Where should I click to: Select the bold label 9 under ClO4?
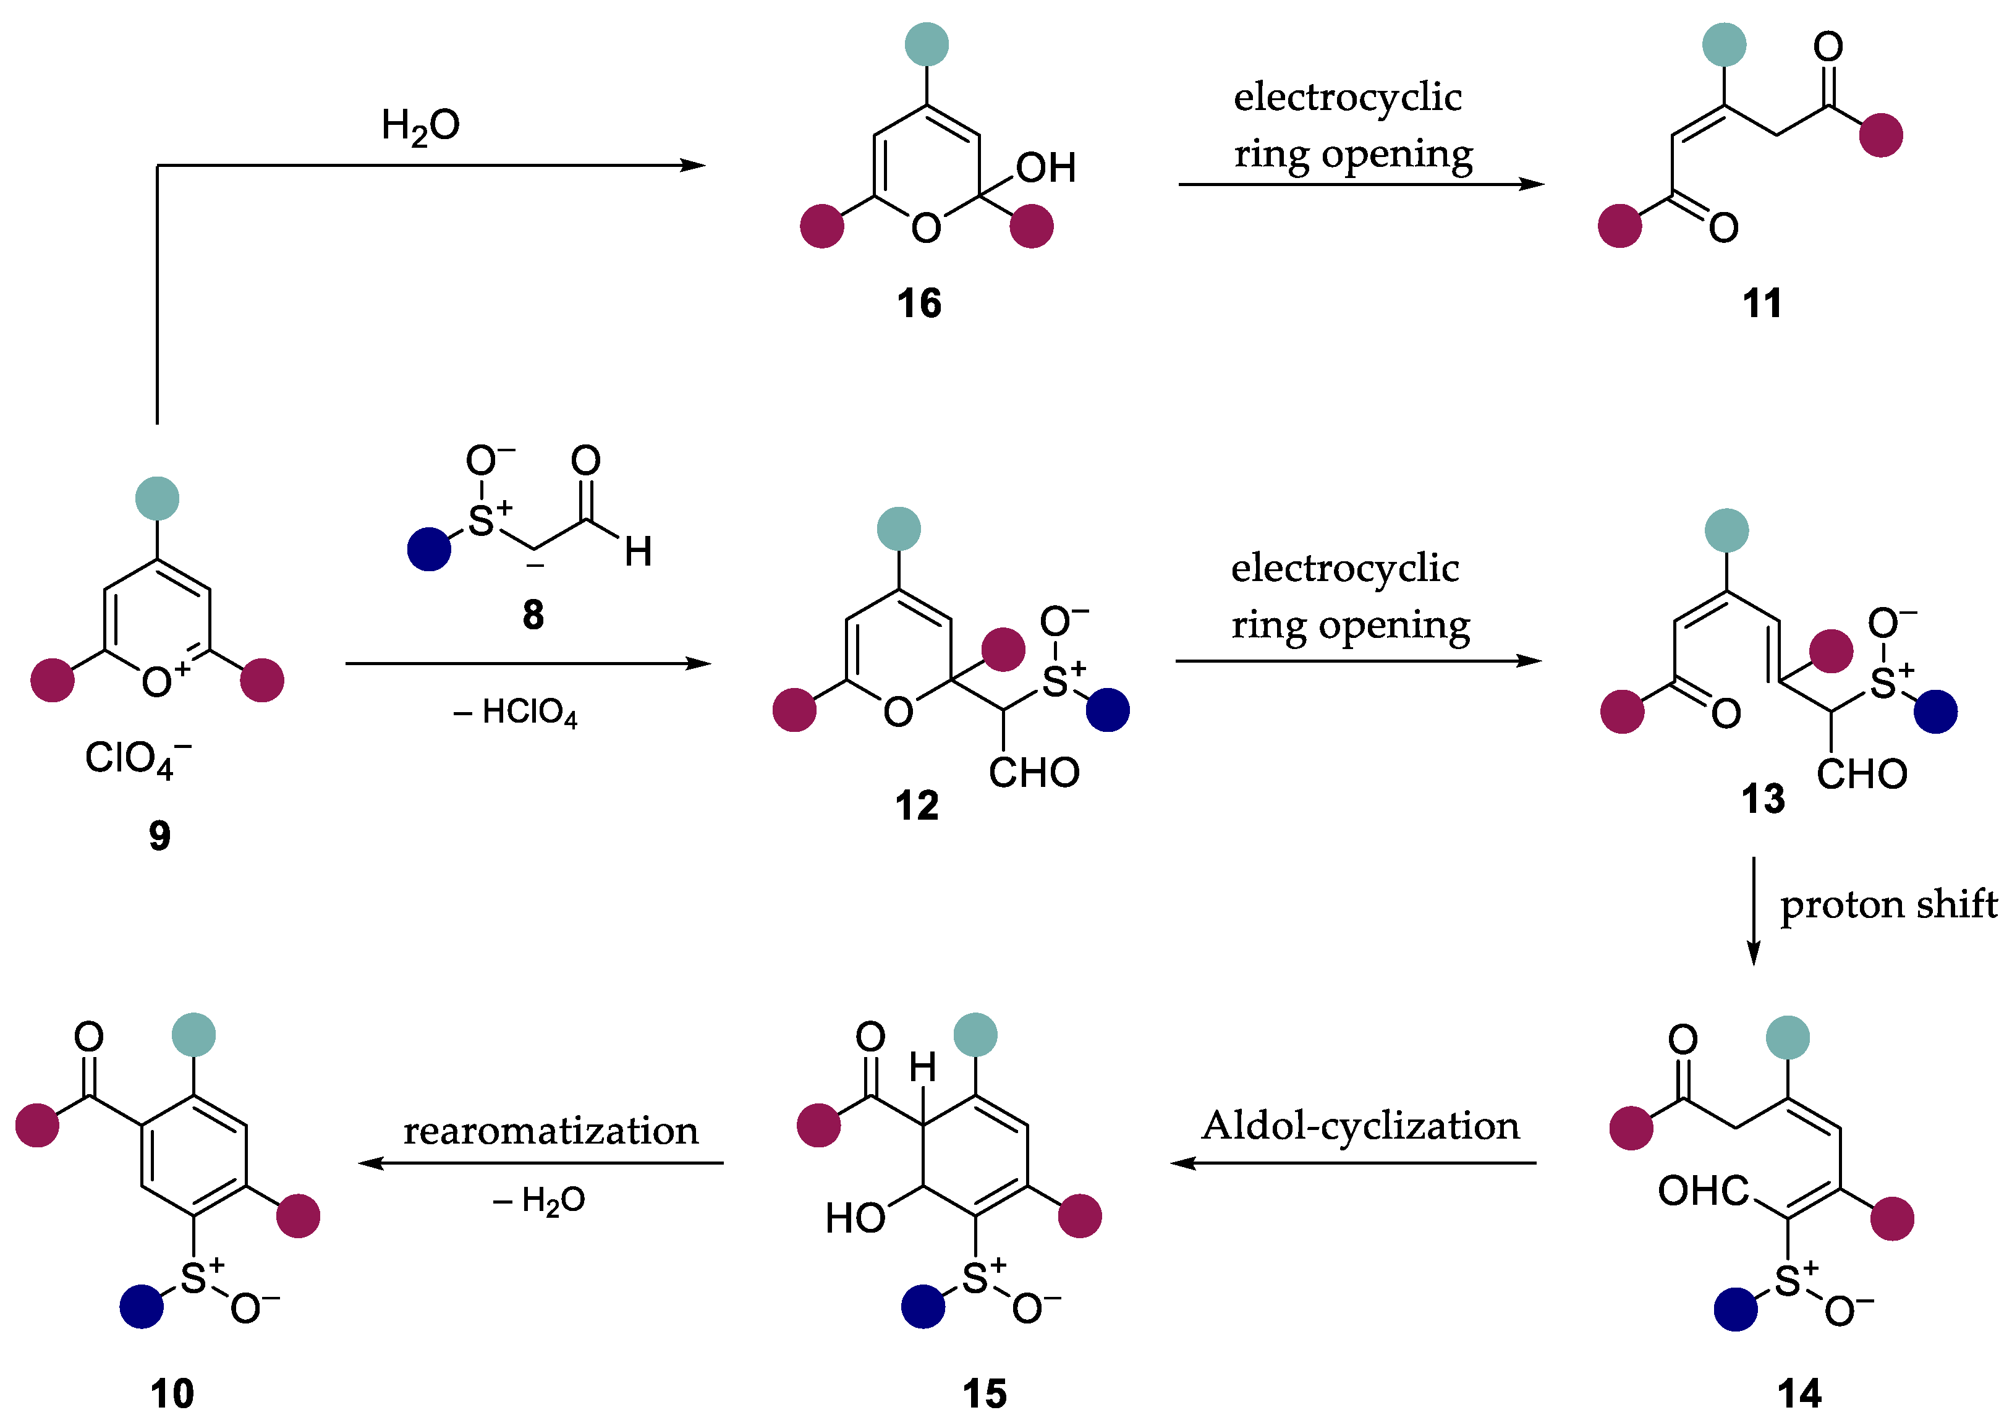[159, 836]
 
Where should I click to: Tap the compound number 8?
[533, 615]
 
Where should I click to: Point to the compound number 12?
[917, 805]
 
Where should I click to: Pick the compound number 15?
[984, 1393]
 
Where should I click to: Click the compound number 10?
[172, 1393]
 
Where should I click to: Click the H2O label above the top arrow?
[420, 126]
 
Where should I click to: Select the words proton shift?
[1888, 905]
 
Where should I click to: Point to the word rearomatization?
[550, 1131]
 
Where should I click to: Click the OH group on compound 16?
[1045, 168]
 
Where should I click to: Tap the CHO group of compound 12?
[1034, 773]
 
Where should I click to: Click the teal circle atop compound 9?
[158, 499]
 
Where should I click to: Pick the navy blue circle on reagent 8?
[430, 550]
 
